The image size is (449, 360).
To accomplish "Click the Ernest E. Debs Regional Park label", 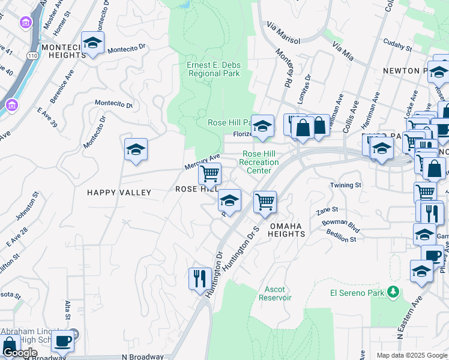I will click(214, 69).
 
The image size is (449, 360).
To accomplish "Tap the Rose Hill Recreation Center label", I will click(259, 162).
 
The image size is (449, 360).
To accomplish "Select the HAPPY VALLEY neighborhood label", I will click(119, 192).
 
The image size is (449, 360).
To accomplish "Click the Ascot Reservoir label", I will click(275, 293).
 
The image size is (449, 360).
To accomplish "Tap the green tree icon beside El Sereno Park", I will click(393, 292).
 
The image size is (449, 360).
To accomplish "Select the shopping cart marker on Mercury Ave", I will click(209, 174).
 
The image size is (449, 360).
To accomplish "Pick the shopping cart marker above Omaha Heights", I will click(265, 202).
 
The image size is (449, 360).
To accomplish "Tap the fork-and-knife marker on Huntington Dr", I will click(199, 278).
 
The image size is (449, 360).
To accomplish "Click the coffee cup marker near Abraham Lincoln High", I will click(62, 341).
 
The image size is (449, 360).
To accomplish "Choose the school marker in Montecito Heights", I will click(92, 43).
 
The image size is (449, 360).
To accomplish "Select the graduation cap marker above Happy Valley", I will click(136, 150).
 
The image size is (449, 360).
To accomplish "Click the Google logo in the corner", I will click(19, 353).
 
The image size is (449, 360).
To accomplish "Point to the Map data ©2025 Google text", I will click(411, 355).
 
